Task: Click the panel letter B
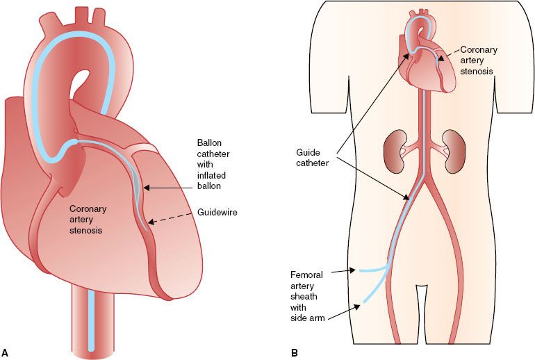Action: [x=295, y=352]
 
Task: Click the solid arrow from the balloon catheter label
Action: [x=170, y=186]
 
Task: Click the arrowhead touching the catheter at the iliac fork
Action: [x=406, y=199]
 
